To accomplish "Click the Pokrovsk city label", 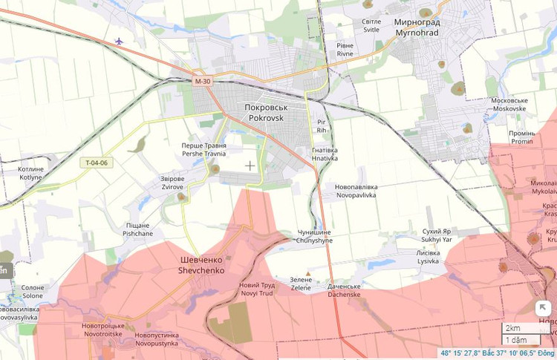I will (x=265, y=113).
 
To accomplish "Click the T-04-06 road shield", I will (x=97, y=163).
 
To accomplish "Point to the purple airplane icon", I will (x=120, y=41).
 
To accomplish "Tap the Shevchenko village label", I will (x=202, y=266).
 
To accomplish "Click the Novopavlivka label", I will (x=356, y=191).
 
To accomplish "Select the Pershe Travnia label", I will (x=204, y=150).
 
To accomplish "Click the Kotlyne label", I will (x=30, y=174).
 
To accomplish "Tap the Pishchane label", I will (x=137, y=229).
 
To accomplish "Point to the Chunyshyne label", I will (x=314, y=237).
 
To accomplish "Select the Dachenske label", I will (x=344, y=290).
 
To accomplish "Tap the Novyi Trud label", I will (x=257, y=289).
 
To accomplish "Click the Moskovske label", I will (x=509, y=105).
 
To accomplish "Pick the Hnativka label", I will (x=325, y=154).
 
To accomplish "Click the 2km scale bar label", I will (x=512, y=327).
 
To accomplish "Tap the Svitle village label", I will (x=371, y=26).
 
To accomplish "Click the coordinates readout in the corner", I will (x=497, y=353).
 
